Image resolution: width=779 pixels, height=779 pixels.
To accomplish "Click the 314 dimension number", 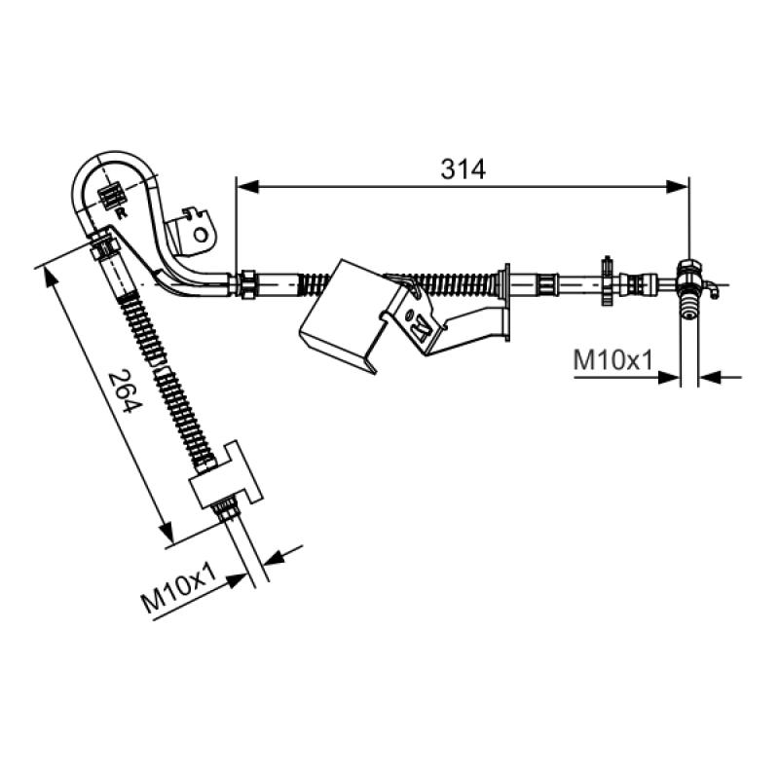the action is point(463,168).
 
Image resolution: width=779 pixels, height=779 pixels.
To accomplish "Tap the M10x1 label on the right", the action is point(612,360).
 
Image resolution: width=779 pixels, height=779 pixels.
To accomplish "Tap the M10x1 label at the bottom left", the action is point(179,588).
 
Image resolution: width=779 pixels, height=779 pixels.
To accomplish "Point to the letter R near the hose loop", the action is point(121,213).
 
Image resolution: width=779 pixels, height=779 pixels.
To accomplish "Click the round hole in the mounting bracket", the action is point(201,235).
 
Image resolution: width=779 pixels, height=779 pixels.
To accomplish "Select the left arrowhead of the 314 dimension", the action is point(247,186).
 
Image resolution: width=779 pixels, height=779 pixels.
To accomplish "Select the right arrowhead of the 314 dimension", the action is point(677,186).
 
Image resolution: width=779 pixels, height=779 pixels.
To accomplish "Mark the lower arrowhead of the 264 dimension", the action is point(167,532).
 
